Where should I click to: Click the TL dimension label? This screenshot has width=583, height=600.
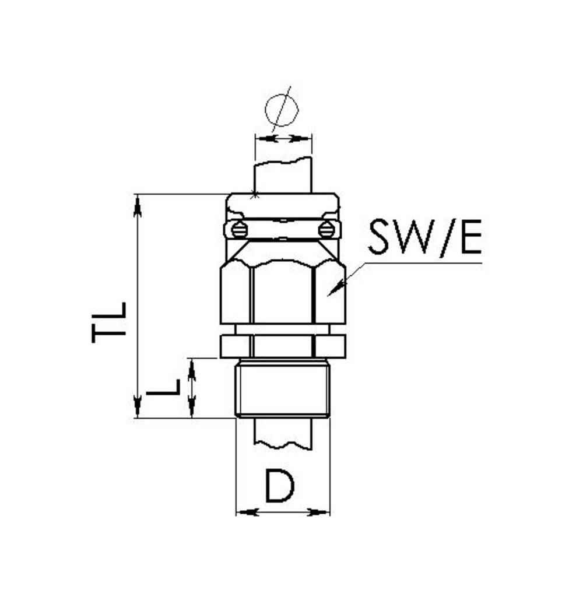(x=110, y=322)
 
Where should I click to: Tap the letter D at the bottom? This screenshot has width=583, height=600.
(x=280, y=487)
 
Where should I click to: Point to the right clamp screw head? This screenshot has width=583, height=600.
(x=327, y=230)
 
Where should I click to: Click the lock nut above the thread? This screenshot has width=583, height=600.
(x=283, y=347)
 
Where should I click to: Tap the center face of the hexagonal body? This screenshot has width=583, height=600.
(x=283, y=294)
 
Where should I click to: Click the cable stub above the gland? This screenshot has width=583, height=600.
(x=283, y=175)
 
